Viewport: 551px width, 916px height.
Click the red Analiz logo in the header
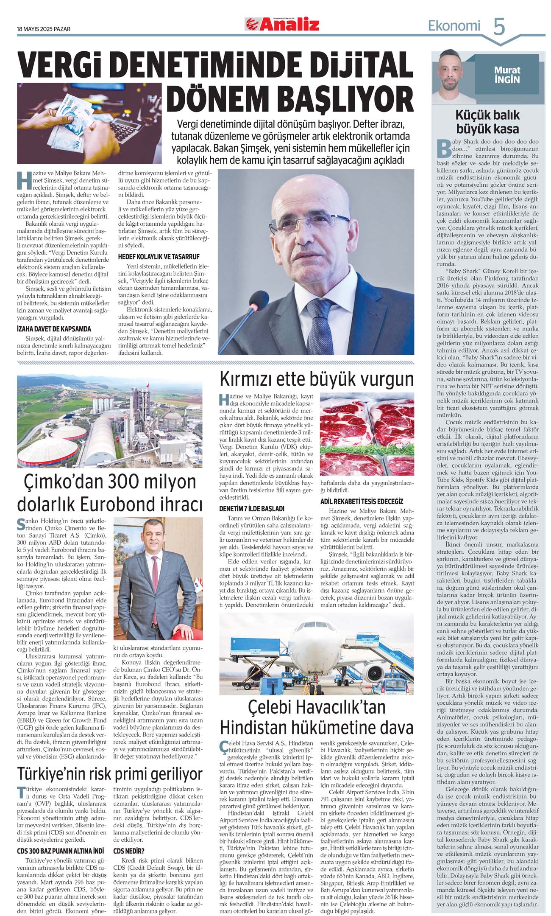click(x=282, y=25)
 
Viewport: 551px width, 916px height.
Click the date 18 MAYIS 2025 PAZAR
click(x=44, y=29)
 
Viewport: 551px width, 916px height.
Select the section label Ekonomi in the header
click(x=454, y=26)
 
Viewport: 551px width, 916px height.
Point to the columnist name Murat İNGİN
click(x=507, y=75)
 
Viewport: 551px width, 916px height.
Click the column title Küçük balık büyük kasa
click(x=487, y=122)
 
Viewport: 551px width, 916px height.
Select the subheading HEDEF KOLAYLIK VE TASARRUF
click(x=158, y=257)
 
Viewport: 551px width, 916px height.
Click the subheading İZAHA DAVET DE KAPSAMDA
click(x=54, y=329)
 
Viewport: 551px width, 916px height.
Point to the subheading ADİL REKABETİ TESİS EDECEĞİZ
click(x=362, y=501)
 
